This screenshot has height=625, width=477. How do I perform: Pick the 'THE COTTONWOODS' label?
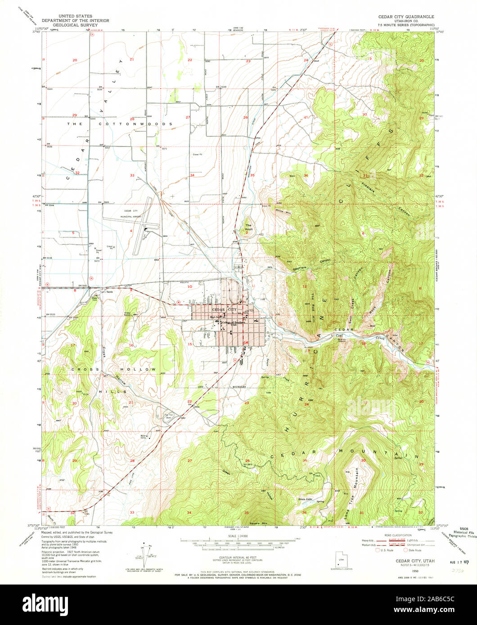tap(120, 124)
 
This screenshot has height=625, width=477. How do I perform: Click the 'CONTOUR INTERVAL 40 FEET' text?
tap(237, 560)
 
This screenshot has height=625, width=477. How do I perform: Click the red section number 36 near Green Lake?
tap(305, 513)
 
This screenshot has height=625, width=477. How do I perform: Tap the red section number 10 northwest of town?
tap(190, 286)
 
